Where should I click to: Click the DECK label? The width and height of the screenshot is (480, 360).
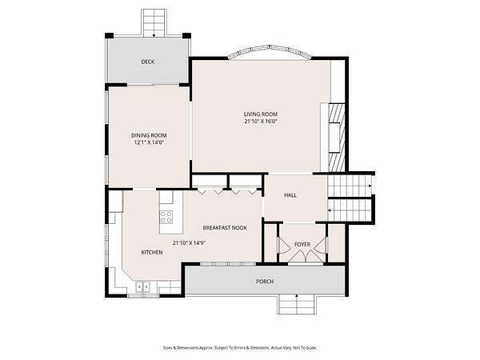[148, 62]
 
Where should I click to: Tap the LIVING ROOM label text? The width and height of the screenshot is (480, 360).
[261, 114]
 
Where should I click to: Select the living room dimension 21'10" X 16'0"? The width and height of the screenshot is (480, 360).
[261, 122]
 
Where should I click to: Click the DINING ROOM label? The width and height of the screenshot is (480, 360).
[149, 135]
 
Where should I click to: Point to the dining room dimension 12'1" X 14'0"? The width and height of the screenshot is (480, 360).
[149, 142]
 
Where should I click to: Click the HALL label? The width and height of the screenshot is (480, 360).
[290, 195]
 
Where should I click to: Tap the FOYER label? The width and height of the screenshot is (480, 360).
[302, 244]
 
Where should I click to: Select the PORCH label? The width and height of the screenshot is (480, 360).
[265, 282]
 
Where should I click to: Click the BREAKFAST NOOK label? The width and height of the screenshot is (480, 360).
[225, 228]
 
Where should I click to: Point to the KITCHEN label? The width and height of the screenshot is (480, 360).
[152, 252]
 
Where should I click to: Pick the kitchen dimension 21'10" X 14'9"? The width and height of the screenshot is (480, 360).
[189, 243]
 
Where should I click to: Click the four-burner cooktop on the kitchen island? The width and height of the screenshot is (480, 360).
[166, 217]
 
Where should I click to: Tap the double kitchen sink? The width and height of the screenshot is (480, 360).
[143, 287]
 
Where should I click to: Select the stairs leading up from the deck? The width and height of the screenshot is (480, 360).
[154, 23]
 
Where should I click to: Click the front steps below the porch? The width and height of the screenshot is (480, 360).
[296, 304]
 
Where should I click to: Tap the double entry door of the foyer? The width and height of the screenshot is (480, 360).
[306, 257]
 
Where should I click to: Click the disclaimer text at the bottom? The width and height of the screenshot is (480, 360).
[240, 348]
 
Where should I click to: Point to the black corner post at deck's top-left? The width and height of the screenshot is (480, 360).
[109, 36]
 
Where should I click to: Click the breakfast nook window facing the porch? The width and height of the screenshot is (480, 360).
[228, 264]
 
